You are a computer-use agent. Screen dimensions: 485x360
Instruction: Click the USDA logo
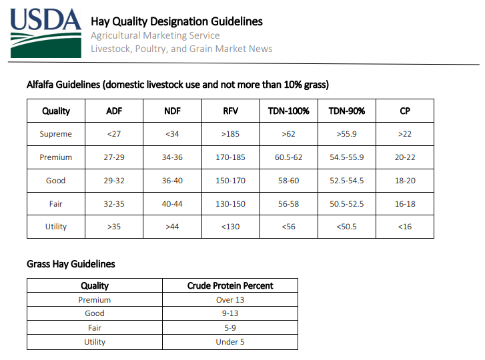(46, 33)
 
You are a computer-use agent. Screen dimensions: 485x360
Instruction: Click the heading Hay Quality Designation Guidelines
(177, 21)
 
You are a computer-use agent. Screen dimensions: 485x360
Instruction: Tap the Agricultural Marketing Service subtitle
(155, 35)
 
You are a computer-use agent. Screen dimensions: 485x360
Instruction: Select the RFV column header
(230, 111)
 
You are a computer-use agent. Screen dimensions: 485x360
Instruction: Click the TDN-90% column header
(347, 111)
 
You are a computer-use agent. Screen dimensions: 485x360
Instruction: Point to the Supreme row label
(55, 134)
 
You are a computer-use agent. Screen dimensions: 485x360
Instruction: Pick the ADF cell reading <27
(114, 134)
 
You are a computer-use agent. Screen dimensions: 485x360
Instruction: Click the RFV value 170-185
(230, 157)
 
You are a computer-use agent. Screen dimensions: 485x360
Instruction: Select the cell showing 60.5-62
(289, 157)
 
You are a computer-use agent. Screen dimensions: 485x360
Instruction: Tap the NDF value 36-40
(172, 181)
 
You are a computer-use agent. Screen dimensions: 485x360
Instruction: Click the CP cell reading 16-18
(405, 204)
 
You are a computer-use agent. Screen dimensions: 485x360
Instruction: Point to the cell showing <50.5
(346, 227)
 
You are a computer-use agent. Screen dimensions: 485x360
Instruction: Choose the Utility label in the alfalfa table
(56, 227)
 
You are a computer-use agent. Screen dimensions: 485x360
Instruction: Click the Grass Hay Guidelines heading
(71, 264)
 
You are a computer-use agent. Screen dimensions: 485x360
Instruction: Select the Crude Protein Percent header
(230, 285)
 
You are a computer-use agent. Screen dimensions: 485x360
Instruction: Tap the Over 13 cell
(230, 300)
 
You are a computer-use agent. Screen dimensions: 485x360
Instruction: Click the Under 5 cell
(230, 342)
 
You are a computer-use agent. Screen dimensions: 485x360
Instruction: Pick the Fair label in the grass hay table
(95, 328)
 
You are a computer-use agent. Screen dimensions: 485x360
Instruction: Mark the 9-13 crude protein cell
(230, 313)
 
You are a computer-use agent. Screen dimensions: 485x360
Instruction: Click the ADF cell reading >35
(114, 227)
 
